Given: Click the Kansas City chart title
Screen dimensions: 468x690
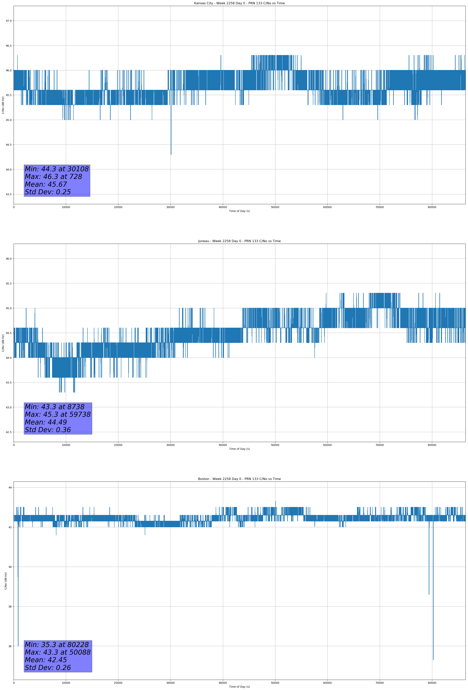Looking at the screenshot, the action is (x=239, y=3).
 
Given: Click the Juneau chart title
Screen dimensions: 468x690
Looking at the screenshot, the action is (x=239, y=241).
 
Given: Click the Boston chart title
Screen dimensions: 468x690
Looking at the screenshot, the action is (x=239, y=479).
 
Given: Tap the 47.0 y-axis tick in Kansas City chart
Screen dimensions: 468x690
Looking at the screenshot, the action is (x=9, y=21).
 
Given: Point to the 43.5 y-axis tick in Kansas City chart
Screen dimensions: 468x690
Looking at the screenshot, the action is (x=9, y=194).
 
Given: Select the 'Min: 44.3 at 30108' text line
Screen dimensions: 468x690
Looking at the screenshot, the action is (x=57, y=169).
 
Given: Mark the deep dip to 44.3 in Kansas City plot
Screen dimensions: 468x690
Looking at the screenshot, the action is (x=171, y=154).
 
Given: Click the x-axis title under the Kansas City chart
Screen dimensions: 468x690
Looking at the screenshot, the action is (x=239, y=211).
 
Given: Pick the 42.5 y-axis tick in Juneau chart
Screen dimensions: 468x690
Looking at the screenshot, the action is (x=9, y=432).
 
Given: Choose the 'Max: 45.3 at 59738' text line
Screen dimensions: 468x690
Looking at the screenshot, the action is (x=58, y=414).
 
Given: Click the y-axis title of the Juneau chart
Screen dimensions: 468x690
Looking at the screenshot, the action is (x=3, y=343).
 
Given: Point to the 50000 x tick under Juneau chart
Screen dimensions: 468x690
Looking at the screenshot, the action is (x=275, y=445).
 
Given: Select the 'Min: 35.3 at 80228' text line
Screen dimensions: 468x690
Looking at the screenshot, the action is (x=57, y=644).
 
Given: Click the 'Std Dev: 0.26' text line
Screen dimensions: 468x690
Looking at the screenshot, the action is (x=48, y=668).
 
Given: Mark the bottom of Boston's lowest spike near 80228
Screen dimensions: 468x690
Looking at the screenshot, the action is (x=433, y=660).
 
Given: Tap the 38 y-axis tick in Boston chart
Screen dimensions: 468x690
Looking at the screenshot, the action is (x=10, y=606).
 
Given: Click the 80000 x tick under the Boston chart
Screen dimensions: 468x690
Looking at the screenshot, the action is (x=432, y=683).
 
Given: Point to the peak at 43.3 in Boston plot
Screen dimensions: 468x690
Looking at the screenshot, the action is (x=275, y=501).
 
